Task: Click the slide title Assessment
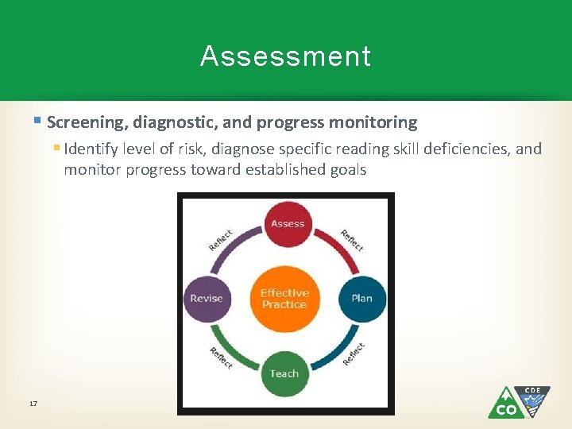click(285, 56)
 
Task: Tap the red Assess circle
click(287, 224)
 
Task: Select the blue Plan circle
click(361, 299)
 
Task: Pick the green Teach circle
click(284, 373)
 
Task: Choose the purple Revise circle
click(207, 299)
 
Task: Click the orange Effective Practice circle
click(284, 299)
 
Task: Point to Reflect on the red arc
click(351, 240)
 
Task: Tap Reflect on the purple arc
click(221, 240)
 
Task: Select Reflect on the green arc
click(221, 357)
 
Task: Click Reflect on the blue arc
click(353, 354)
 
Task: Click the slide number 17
click(33, 404)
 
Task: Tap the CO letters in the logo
click(506, 409)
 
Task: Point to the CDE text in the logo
click(532, 391)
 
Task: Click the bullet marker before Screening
click(38, 122)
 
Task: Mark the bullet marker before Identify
click(56, 148)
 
